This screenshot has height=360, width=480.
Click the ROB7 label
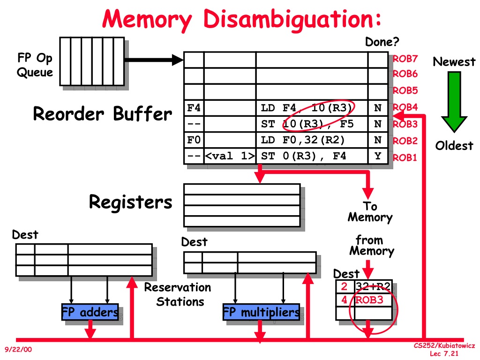click(405, 59)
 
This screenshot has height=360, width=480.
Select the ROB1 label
click(405, 157)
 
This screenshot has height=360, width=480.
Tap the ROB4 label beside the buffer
click(405, 107)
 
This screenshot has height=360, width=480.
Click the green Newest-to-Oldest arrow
click(454, 102)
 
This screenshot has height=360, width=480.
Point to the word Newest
click(454, 62)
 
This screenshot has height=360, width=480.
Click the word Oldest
click(454, 146)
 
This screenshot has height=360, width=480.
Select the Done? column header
click(382, 42)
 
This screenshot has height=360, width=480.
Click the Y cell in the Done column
click(378, 156)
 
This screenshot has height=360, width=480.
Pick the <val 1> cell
click(230, 156)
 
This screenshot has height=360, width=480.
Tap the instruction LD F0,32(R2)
click(302, 140)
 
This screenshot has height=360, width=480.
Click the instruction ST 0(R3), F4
click(303, 156)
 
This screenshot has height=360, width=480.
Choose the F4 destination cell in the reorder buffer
click(194, 108)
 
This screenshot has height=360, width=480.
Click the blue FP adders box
click(90, 312)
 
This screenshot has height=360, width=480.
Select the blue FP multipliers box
click(261, 312)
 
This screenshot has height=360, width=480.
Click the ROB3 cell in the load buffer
click(373, 300)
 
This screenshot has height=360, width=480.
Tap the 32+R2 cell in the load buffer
click(373, 286)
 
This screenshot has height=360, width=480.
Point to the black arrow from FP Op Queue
click(154, 60)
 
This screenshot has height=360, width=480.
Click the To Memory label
click(370, 211)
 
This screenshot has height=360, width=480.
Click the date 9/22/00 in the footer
click(18, 349)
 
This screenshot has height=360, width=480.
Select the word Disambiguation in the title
click(292, 19)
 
